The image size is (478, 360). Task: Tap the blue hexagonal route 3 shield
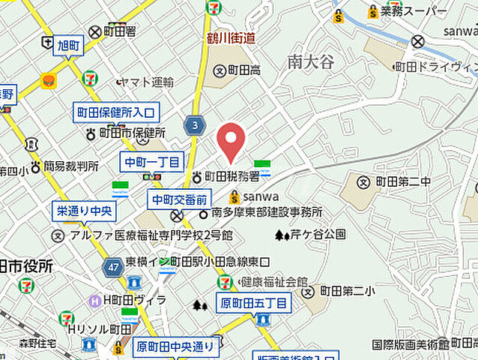[195, 125]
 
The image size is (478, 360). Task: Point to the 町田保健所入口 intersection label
[118, 113]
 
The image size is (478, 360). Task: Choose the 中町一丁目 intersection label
[152, 161]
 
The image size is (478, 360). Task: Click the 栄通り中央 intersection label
[84, 211]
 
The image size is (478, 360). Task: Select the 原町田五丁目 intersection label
[253, 304]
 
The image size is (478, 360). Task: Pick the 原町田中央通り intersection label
[177, 347]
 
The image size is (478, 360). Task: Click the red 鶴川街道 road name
[231, 37]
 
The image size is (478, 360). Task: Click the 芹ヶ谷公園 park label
[318, 235]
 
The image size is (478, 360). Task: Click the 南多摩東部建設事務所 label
[267, 213]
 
